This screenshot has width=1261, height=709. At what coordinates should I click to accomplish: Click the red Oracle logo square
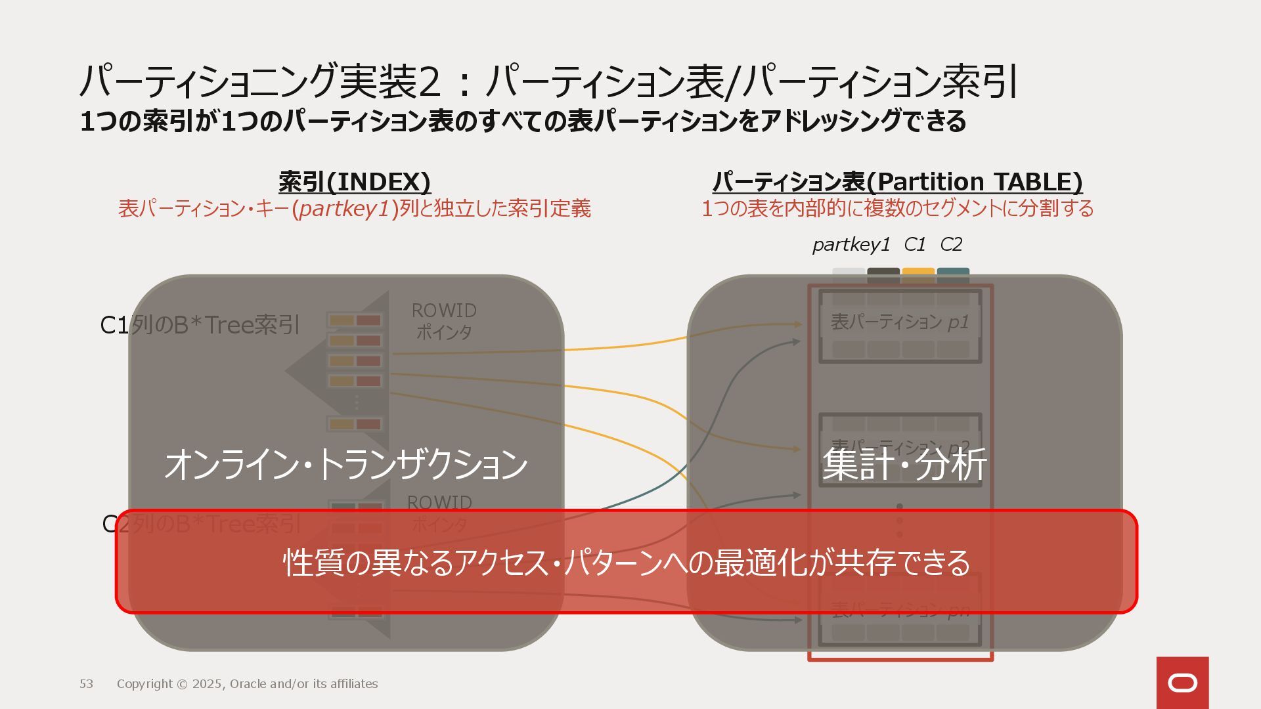(x=1182, y=683)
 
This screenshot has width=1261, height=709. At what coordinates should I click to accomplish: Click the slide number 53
(x=86, y=684)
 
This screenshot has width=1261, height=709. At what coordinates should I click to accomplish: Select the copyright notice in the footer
(x=247, y=684)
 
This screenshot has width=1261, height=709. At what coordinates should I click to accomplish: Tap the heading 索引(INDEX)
(x=355, y=182)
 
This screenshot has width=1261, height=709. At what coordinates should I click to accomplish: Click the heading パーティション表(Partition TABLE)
(x=897, y=182)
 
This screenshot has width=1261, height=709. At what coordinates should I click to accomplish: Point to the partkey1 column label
(x=851, y=245)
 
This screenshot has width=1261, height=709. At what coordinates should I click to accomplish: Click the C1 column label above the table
(x=914, y=245)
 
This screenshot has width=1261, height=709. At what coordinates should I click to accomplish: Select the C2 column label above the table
(x=951, y=245)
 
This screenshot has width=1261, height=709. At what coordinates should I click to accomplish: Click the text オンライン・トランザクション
(x=346, y=465)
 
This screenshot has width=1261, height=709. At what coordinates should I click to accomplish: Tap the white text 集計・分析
(x=904, y=465)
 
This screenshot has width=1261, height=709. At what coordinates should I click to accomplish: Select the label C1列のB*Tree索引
(x=200, y=325)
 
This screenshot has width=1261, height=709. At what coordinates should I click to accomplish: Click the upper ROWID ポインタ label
(x=444, y=321)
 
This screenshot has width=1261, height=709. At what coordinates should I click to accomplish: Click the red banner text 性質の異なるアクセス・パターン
(x=626, y=563)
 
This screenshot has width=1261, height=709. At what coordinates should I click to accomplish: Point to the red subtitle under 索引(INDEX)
(x=355, y=209)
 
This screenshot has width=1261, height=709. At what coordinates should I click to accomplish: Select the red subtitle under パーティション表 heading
(x=897, y=209)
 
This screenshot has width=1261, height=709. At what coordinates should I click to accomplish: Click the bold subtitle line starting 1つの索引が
(x=523, y=121)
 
